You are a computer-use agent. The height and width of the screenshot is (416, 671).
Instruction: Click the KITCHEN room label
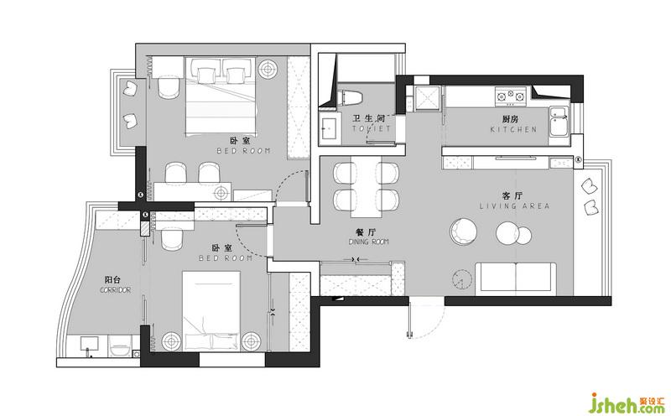click(x=513, y=129)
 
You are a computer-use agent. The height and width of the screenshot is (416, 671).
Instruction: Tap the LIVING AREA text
click(x=514, y=206)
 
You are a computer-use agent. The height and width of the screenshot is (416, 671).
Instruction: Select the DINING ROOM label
click(x=368, y=242)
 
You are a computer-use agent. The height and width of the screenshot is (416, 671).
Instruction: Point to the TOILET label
click(x=372, y=128)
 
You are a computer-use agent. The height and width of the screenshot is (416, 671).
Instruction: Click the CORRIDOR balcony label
click(x=115, y=290)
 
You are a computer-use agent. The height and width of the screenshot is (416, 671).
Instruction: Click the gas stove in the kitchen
click(x=511, y=96)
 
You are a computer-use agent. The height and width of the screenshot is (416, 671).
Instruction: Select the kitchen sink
click(x=559, y=121)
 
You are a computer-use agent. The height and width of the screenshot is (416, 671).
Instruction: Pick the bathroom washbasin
click(x=330, y=127)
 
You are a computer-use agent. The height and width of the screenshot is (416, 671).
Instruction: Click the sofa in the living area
click(x=515, y=279)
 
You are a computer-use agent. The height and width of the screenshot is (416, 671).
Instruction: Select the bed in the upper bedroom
click(x=221, y=96)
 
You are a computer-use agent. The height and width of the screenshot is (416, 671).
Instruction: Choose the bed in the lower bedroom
click(x=211, y=310)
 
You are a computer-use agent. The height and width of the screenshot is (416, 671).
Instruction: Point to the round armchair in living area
click(x=463, y=231)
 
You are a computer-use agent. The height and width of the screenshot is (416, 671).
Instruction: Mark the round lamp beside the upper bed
click(x=268, y=69)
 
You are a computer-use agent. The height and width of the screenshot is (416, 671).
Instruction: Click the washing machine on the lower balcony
click(x=119, y=346)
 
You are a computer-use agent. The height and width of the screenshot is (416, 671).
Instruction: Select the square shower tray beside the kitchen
click(x=428, y=97)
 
